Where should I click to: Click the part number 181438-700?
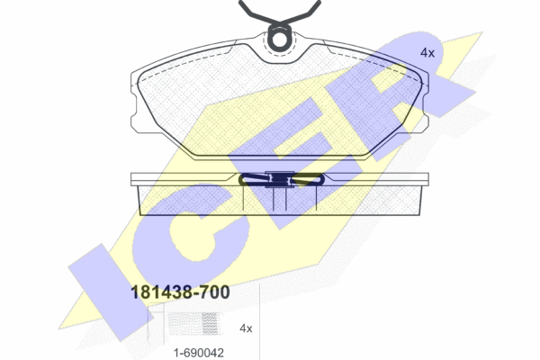180,292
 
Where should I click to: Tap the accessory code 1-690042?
199,353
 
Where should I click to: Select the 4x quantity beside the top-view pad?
427,53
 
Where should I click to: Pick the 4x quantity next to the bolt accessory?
246,328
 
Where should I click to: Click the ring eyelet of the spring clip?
280,39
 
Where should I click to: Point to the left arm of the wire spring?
256,13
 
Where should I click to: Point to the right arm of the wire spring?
303,13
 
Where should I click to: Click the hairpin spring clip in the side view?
281,179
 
